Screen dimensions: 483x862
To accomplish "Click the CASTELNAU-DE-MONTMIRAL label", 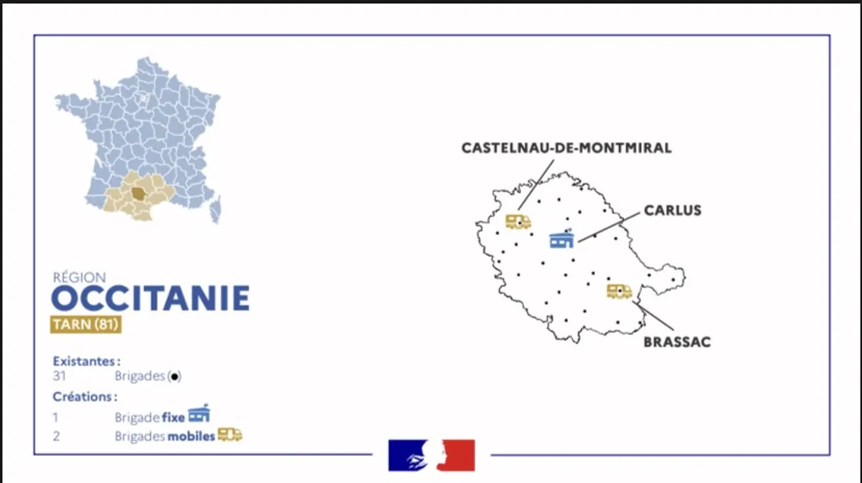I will point(566,147).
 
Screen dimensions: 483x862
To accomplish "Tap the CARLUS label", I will point(672,210).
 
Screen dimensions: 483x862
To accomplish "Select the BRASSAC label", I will point(676,342).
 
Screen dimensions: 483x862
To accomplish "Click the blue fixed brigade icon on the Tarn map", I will point(562,238).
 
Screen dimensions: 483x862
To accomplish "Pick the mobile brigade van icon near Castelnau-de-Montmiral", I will point(518,222).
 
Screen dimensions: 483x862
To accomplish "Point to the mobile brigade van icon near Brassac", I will point(619,292).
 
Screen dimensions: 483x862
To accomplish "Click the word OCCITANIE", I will point(150,299).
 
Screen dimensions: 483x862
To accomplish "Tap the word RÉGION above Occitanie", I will point(79,277).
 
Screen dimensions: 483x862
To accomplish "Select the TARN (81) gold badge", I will point(86,325).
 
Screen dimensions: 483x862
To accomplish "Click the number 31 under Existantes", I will point(59,376).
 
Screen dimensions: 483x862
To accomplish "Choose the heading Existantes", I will point(86,361).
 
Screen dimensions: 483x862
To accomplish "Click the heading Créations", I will point(85,397).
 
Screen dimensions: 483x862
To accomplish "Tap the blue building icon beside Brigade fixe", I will point(199,413).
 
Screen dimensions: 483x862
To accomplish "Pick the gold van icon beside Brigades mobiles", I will point(230,434).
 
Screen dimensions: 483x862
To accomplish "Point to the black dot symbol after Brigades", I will point(175,376).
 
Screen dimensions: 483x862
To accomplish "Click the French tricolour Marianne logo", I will point(431,455).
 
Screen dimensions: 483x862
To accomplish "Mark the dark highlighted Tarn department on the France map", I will point(138,193).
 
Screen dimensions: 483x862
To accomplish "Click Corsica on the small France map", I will point(215,209).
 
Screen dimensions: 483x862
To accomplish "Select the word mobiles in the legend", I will point(190,436).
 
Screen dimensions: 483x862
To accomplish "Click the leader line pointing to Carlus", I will point(608,226).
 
